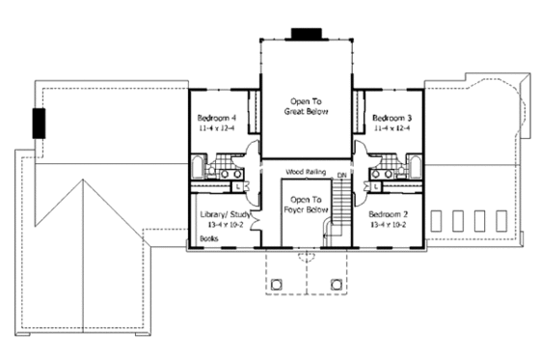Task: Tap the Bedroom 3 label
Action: pyautogui.click(x=391, y=116)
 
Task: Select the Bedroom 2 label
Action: pyautogui.click(x=387, y=213)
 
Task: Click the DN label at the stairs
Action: pyautogui.click(x=341, y=175)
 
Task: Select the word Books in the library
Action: pyautogui.click(x=207, y=236)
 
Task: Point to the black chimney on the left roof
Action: pyautogui.click(x=40, y=125)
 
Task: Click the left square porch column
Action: pyautogui.click(x=276, y=284)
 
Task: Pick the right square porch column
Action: pyautogui.click(x=337, y=284)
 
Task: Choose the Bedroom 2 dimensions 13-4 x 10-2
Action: pyautogui.click(x=387, y=224)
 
